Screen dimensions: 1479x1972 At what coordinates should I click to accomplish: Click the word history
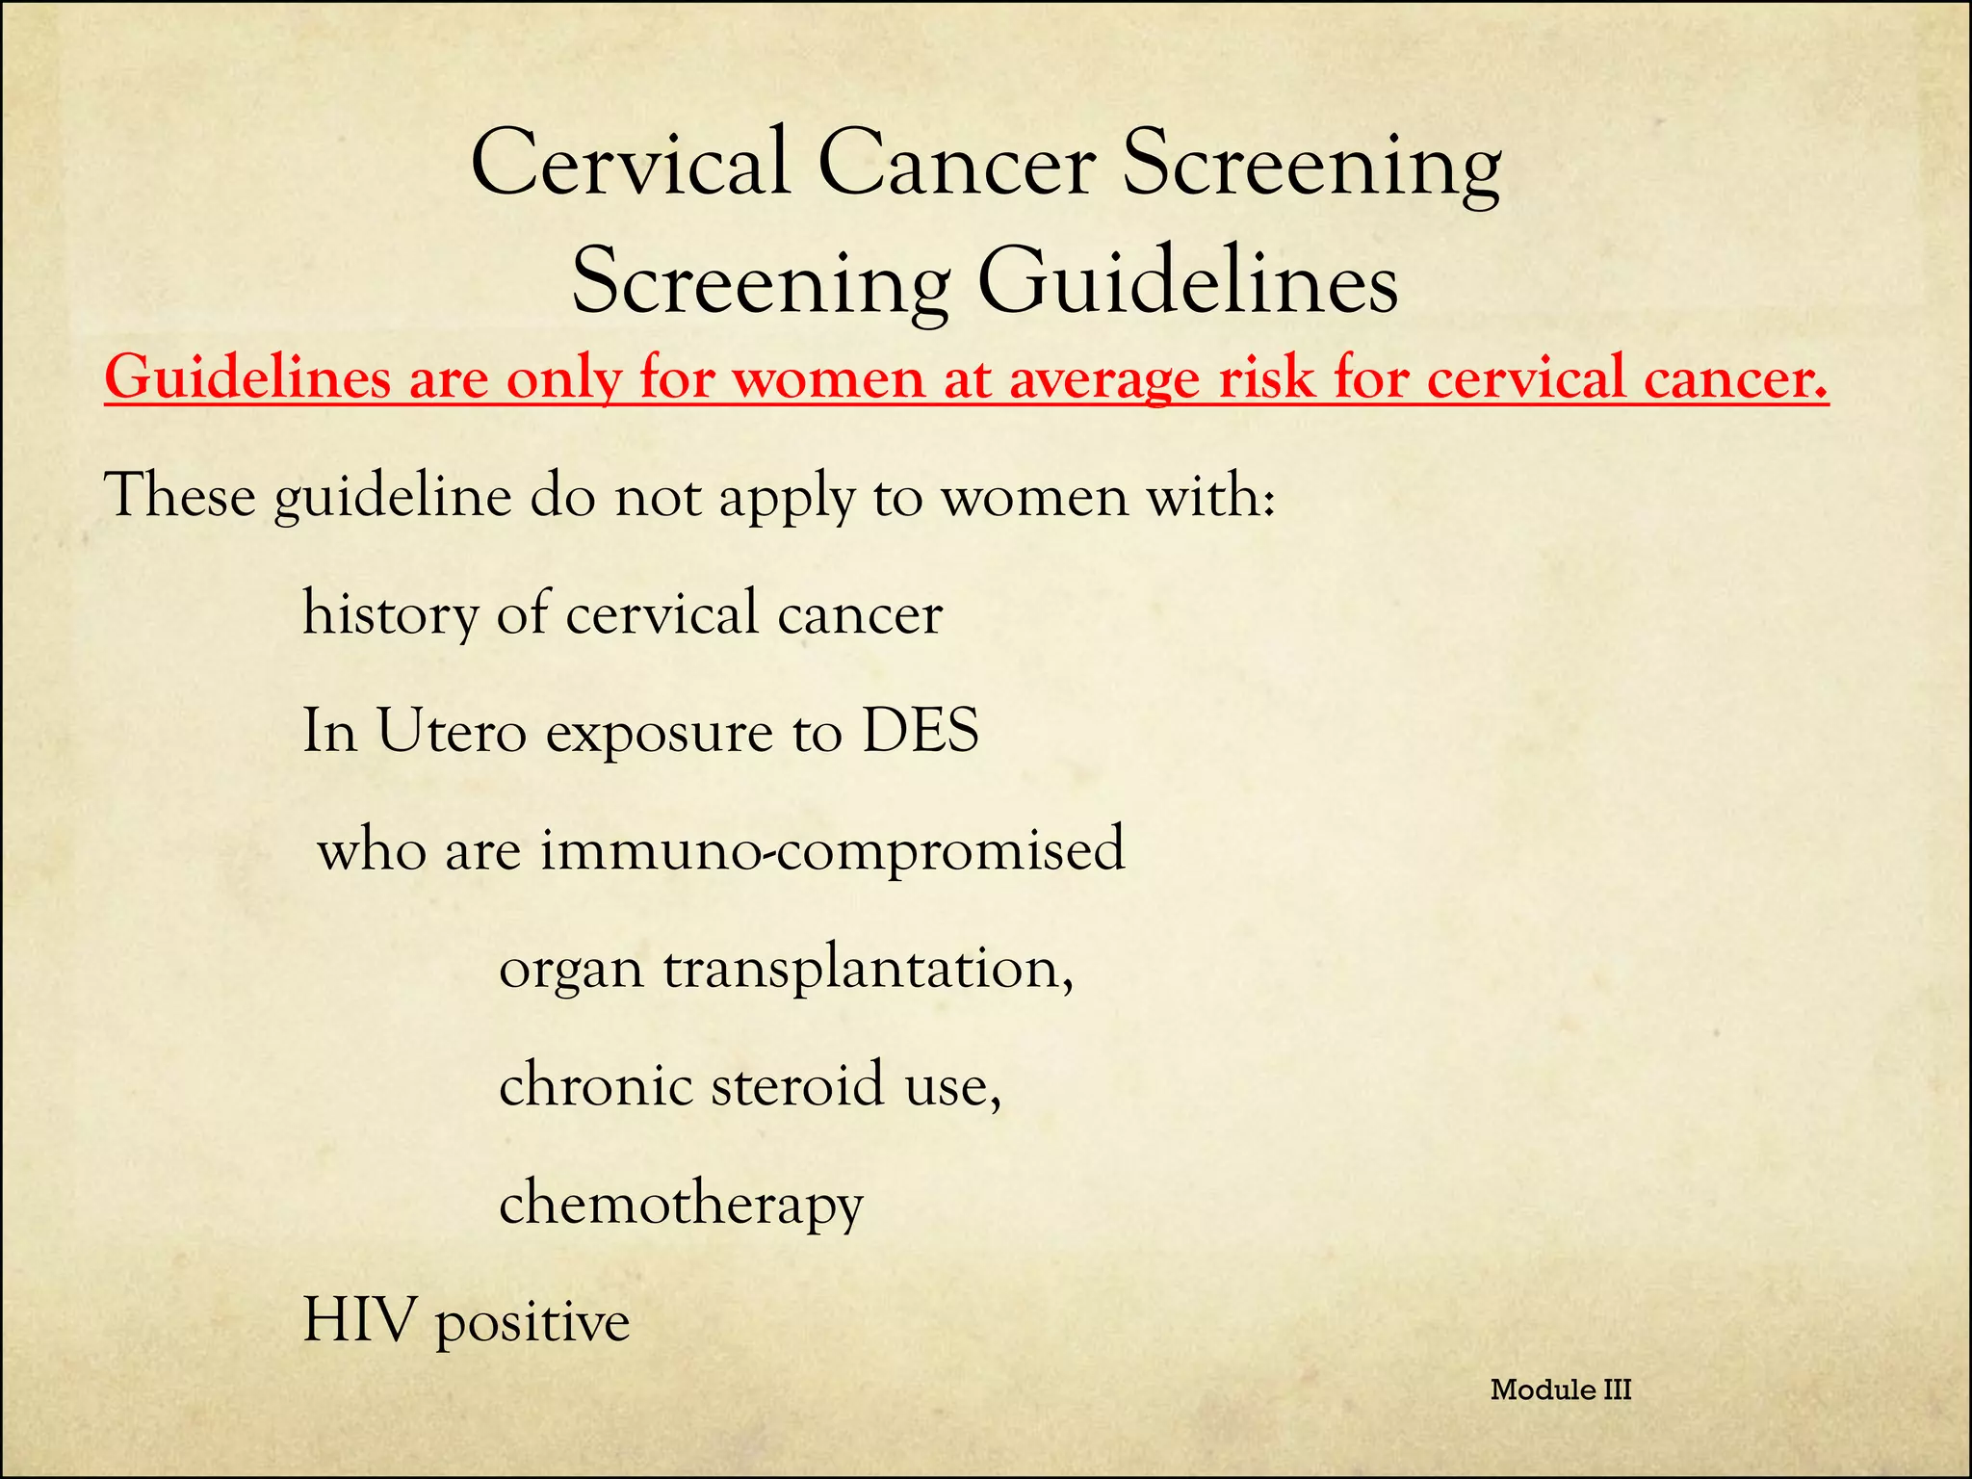[x=390, y=615]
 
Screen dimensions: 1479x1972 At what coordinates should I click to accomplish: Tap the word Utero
[x=452, y=731]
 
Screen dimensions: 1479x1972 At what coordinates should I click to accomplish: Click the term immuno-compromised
[x=832, y=850]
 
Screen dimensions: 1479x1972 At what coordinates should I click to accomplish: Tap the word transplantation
[x=867, y=969]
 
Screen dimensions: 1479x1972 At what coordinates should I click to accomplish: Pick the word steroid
[x=797, y=1085]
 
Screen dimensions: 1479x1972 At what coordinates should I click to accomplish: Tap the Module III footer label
[x=1561, y=1389]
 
